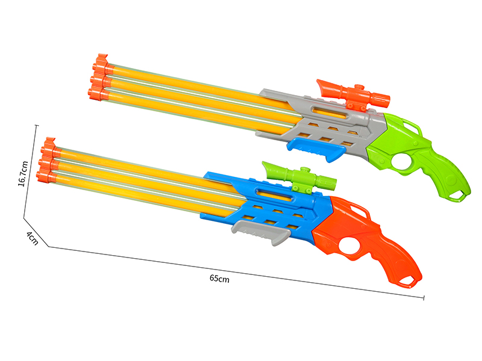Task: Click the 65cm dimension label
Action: (x=219, y=278)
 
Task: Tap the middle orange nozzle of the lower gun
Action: (x=46, y=162)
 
